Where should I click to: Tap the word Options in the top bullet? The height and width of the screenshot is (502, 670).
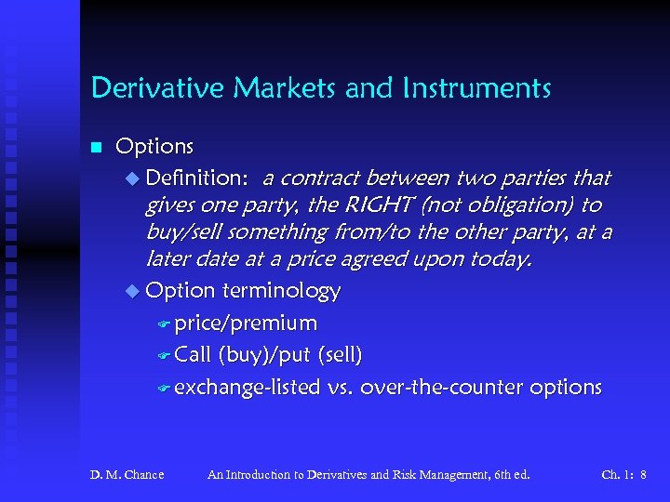coord(154,147)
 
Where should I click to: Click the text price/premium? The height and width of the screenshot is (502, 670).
coord(245,324)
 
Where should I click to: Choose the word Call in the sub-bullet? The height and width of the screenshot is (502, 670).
coord(193,355)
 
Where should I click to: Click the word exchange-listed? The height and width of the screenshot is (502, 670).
coord(247,387)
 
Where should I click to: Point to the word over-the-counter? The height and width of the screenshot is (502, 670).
coord(441,387)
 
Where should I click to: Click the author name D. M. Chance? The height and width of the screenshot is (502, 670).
coord(127,475)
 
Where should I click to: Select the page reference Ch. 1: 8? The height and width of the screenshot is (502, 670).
coord(623,475)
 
